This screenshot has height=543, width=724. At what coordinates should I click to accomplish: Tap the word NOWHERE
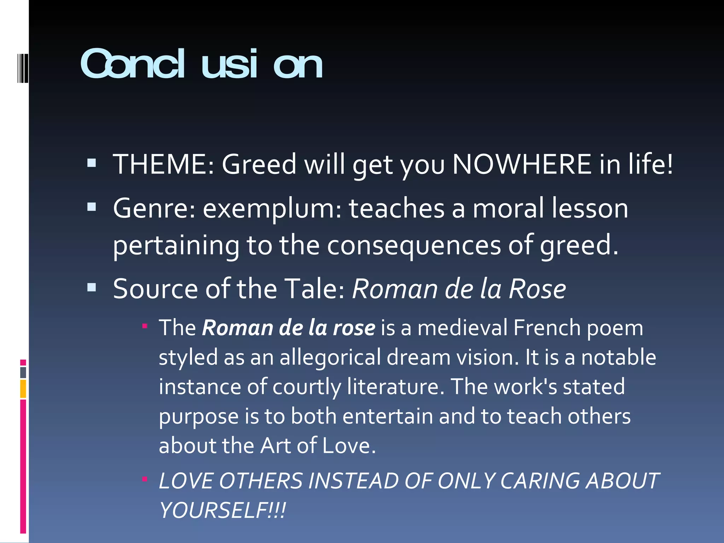(x=522, y=164)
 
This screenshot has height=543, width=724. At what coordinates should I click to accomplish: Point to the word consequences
(x=414, y=245)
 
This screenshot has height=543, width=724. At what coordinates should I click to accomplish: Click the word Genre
(x=154, y=209)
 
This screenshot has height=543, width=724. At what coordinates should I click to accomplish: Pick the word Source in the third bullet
(x=155, y=289)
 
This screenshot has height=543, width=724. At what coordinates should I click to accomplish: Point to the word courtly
(x=306, y=387)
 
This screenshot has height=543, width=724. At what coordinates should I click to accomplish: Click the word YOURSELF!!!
(x=222, y=510)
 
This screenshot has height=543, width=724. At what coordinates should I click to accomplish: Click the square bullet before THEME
(x=92, y=163)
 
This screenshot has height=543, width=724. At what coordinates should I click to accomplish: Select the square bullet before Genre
(x=92, y=207)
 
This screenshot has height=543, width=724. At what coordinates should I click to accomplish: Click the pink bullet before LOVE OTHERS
(x=145, y=479)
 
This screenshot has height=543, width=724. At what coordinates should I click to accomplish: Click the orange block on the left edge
(x=23, y=389)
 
